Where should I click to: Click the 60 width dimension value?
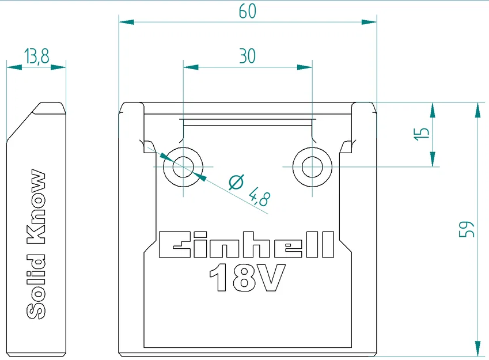tap(247, 11)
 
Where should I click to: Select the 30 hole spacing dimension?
tap(247, 56)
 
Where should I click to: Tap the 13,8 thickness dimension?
tap(36, 56)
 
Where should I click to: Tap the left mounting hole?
tap(183, 167)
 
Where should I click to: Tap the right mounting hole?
tap(312, 167)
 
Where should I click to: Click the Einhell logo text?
tap(246, 245)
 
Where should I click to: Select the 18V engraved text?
tap(247, 278)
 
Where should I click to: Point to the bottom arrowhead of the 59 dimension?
tap(477, 348)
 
